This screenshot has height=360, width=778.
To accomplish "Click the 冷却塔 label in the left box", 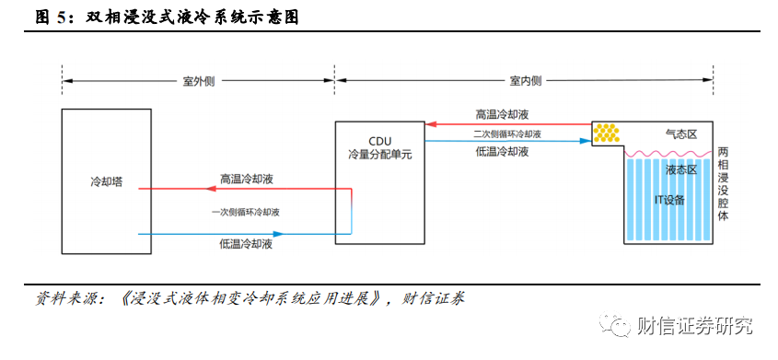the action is [106, 182].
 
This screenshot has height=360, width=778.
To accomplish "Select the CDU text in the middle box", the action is [380, 144].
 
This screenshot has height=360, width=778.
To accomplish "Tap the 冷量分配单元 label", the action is [380, 155].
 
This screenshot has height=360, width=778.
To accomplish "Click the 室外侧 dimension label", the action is [199, 81].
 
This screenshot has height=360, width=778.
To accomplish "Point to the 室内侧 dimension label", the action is [526, 81].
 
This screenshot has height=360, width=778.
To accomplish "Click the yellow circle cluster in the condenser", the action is [606, 133].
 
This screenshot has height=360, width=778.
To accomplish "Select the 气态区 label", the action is [681, 134].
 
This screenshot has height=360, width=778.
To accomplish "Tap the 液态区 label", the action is [681, 170].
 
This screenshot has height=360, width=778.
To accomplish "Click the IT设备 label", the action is [668, 200].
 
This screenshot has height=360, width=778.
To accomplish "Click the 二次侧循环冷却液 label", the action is [506, 134].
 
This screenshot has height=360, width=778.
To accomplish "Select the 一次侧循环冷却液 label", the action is [245, 212].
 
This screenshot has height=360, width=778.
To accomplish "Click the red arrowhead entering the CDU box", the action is [430, 124].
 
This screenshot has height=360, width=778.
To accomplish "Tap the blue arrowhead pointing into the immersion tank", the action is [586, 141].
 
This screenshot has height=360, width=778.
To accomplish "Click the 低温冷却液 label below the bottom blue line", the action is [246, 245].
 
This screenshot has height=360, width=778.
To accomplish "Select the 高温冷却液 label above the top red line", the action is [502, 114].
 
